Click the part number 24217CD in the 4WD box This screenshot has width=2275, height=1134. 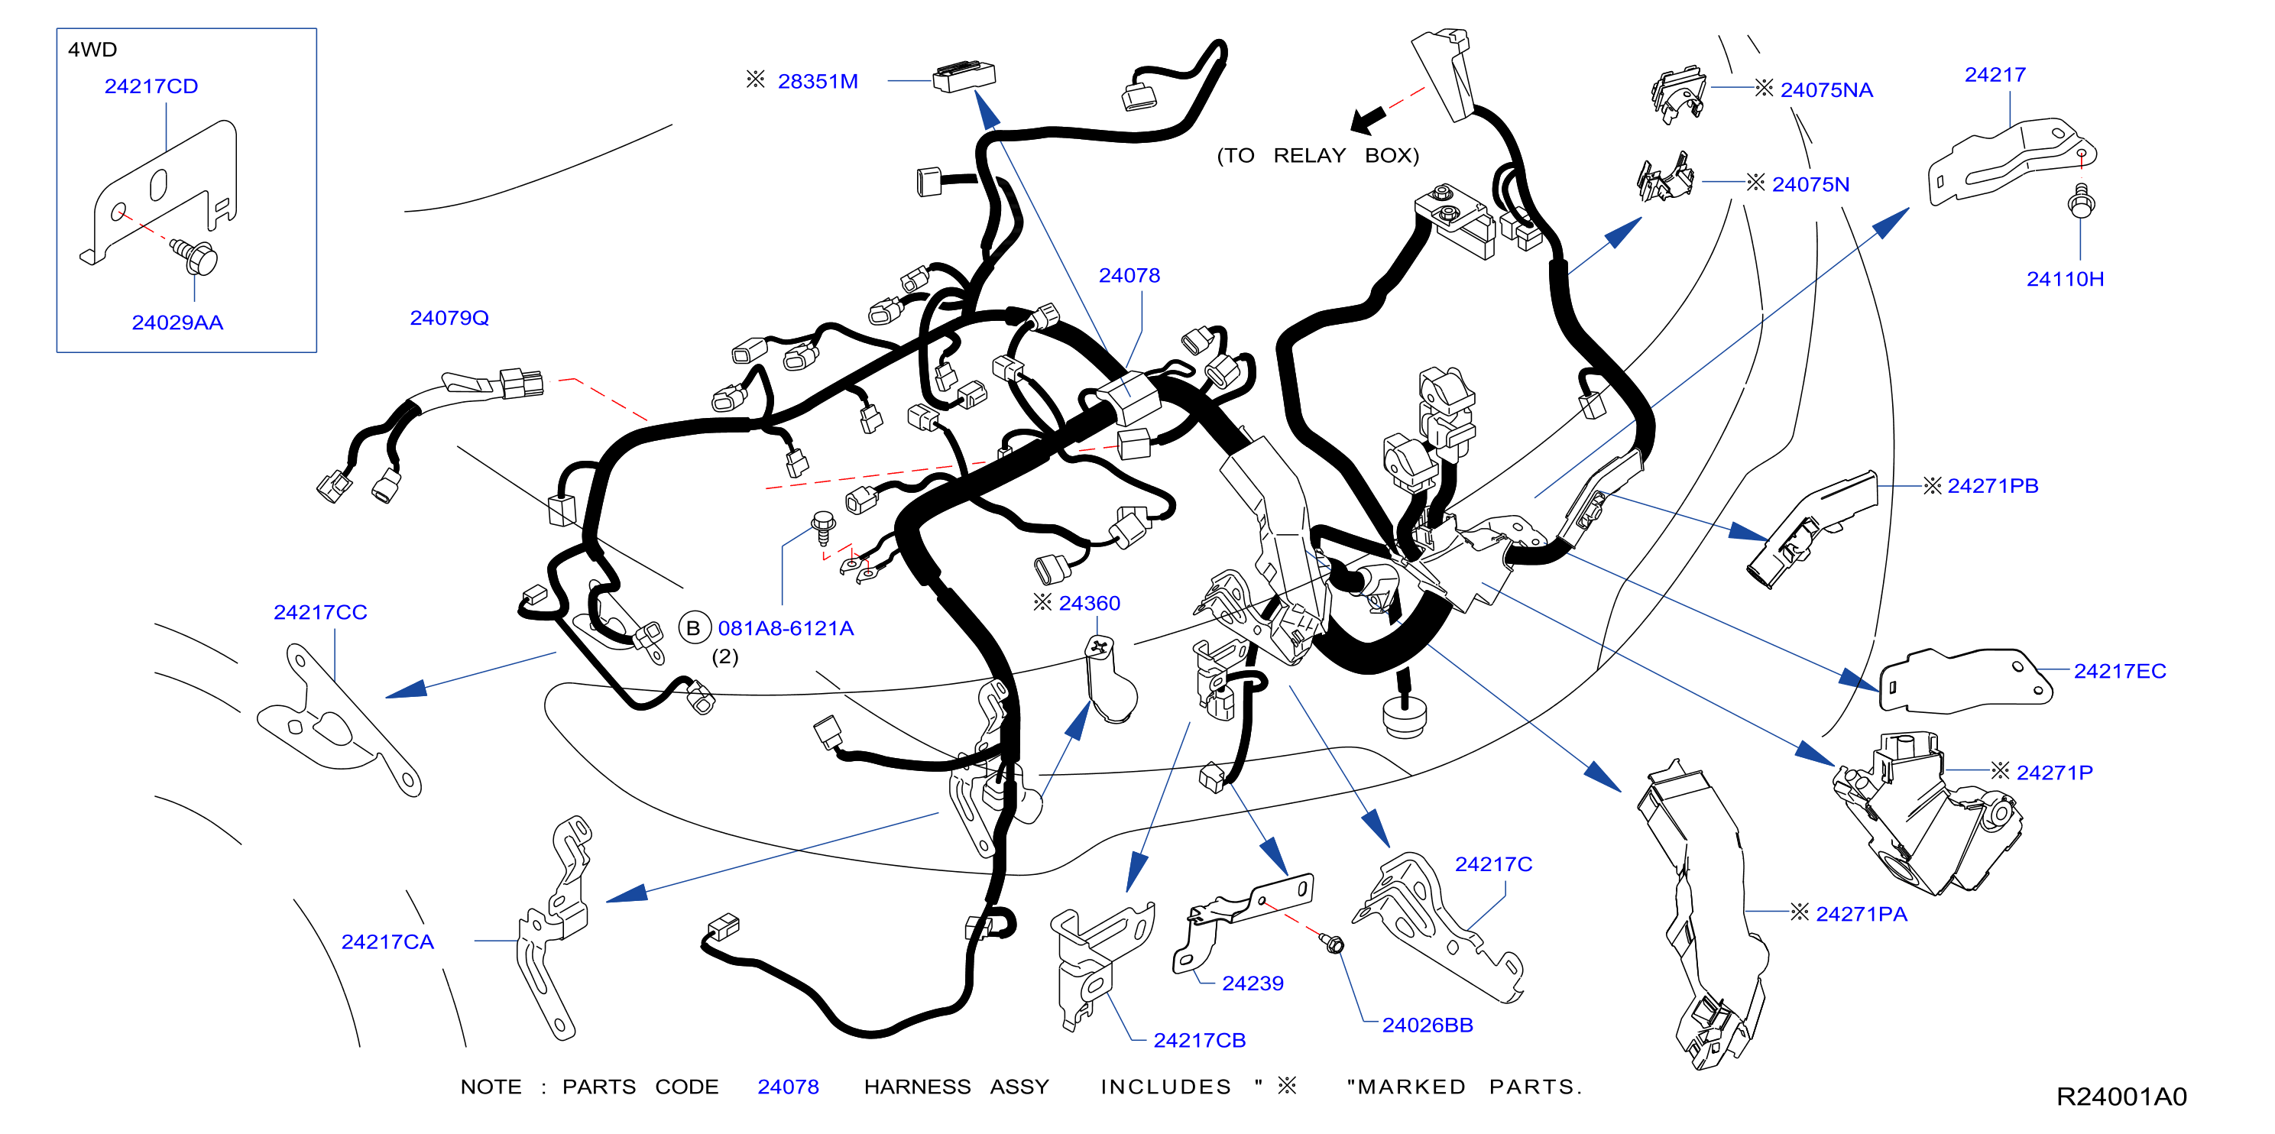click(x=151, y=86)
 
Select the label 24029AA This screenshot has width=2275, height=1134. click(x=177, y=323)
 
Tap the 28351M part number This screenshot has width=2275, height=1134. click(x=818, y=81)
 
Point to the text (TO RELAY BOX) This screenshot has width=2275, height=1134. click(x=1317, y=155)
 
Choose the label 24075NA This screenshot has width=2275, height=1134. click(x=1826, y=90)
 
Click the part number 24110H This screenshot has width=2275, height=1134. click(x=2065, y=279)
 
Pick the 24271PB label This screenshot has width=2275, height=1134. click(x=1992, y=486)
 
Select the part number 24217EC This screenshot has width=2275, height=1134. click(x=2120, y=671)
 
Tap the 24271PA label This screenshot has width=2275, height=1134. click(x=1862, y=914)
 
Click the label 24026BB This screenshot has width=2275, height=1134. click(x=1428, y=1025)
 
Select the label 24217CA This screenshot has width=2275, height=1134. click(x=387, y=942)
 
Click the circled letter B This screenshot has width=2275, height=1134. click(x=694, y=628)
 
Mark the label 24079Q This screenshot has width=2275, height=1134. click(x=449, y=318)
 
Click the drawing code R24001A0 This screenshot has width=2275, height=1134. click(x=2121, y=1097)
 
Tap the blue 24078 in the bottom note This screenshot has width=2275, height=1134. click(x=788, y=1087)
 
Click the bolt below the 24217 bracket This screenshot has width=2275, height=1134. click(x=2081, y=202)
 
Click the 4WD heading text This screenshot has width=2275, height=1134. click(x=92, y=50)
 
